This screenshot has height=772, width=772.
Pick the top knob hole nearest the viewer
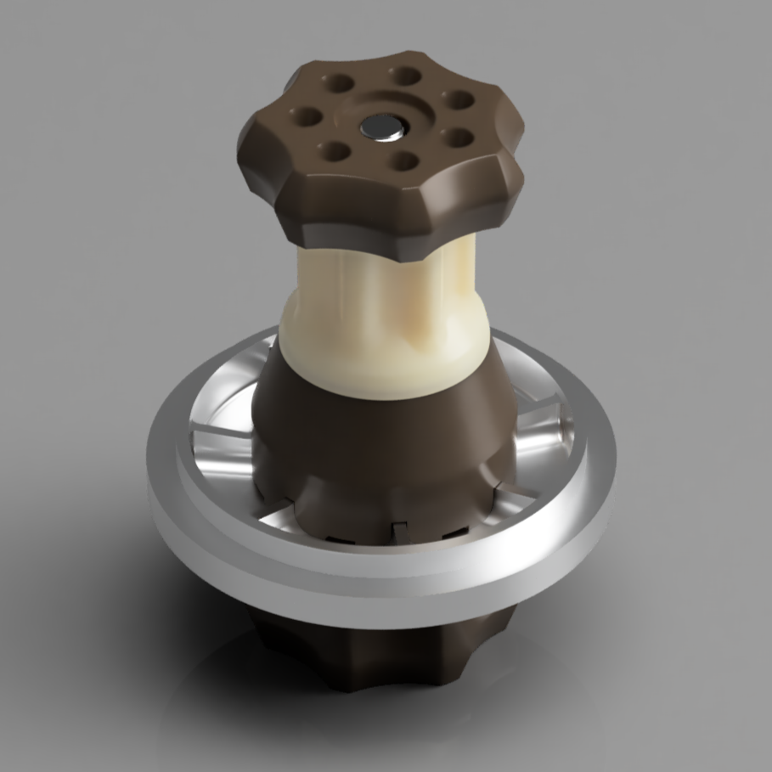pyautogui.click(x=405, y=161)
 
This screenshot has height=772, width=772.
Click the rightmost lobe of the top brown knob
pyautogui.click(x=510, y=166)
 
